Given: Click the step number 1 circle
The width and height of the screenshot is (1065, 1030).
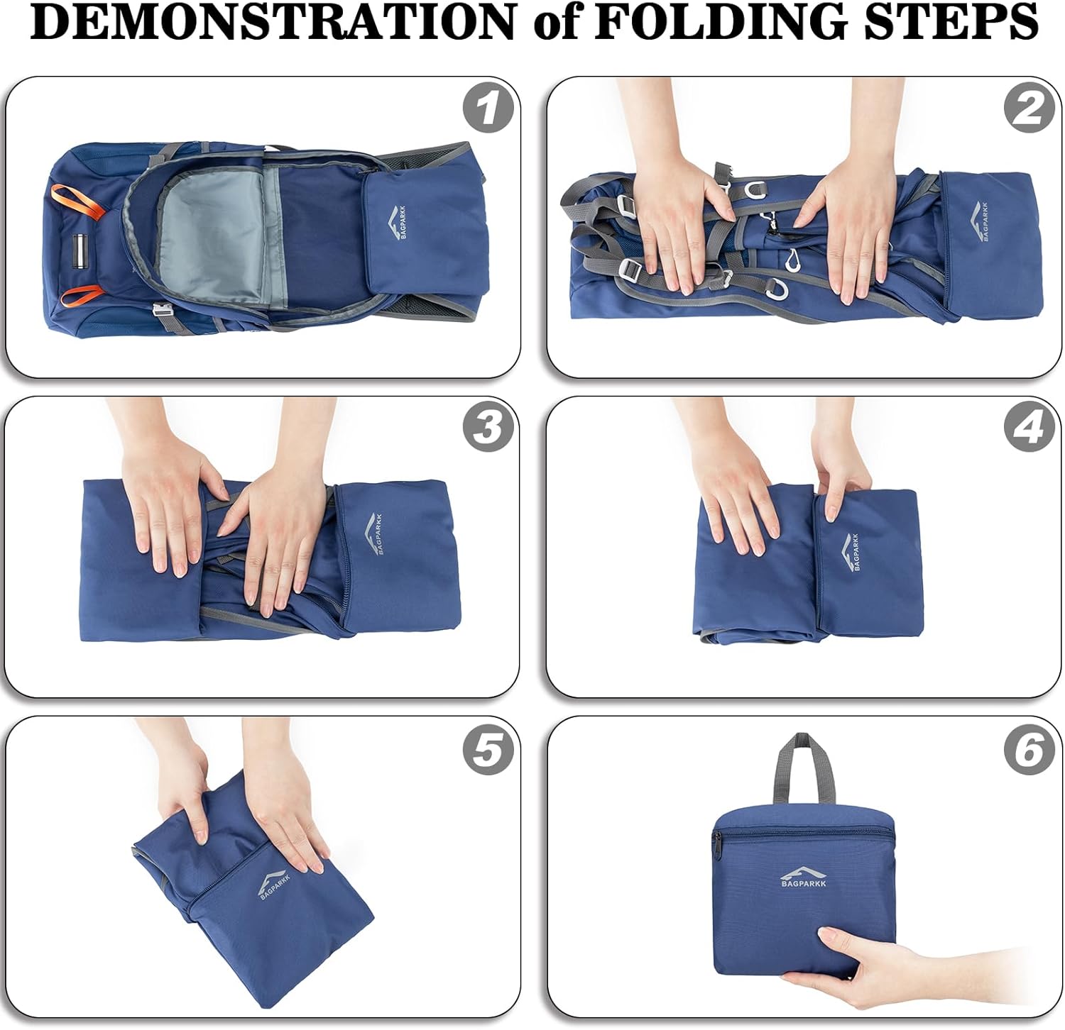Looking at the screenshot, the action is (488, 110).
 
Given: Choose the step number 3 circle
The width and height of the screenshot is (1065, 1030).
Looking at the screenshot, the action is (488, 428).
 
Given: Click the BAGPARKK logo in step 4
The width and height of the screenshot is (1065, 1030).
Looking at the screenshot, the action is (850, 553).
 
